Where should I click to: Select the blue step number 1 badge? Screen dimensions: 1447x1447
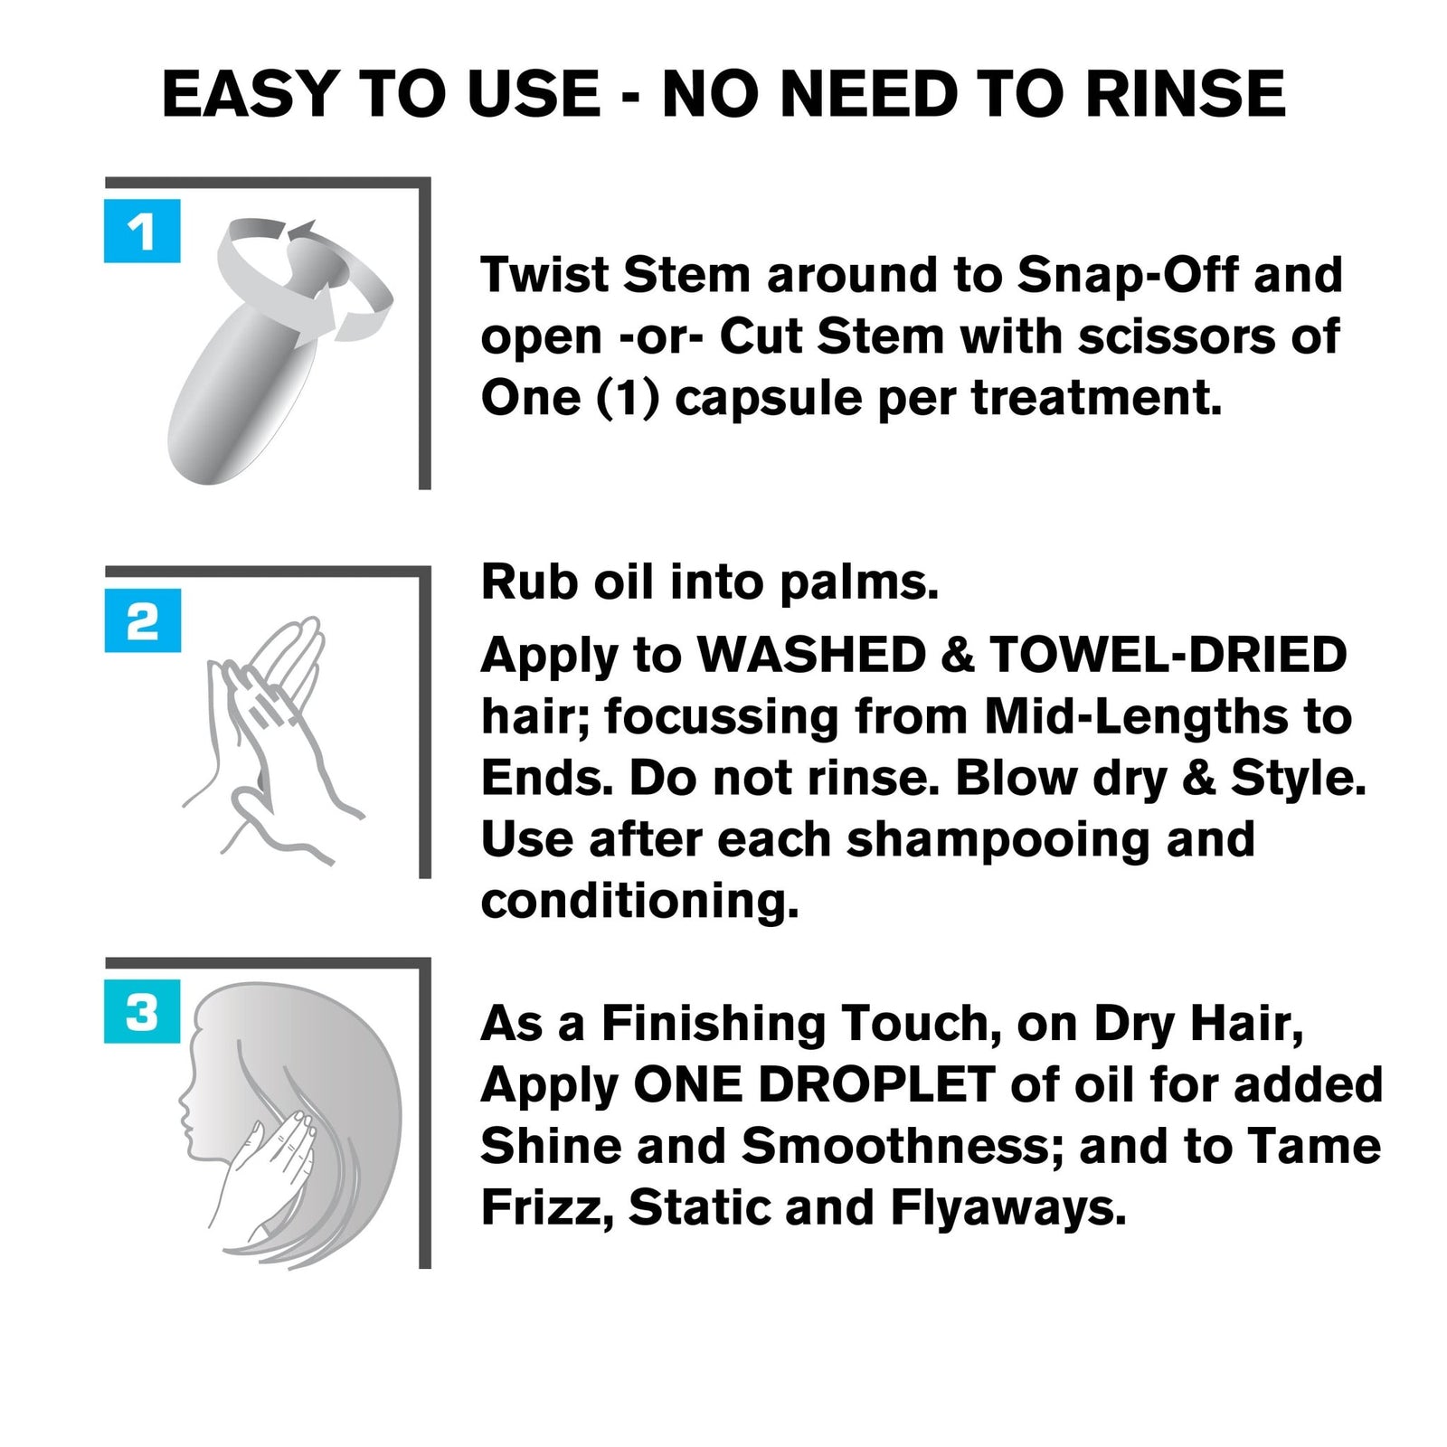pyautogui.click(x=142, y=232)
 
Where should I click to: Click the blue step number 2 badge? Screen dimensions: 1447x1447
pyautogui.click(x=142, y=621)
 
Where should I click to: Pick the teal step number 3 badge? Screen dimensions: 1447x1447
pyautogui.click(x=142, y=1011)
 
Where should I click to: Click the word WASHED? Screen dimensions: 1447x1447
pyautogui.click(x=811, y=655)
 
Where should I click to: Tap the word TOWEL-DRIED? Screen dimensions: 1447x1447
pyautogui.click(x=1168, y=655)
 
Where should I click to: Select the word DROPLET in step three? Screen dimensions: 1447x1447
pyautogui.click(x=876, y=1084)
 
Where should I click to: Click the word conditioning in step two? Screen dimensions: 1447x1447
pyautogui.click(x=639, y=902)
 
